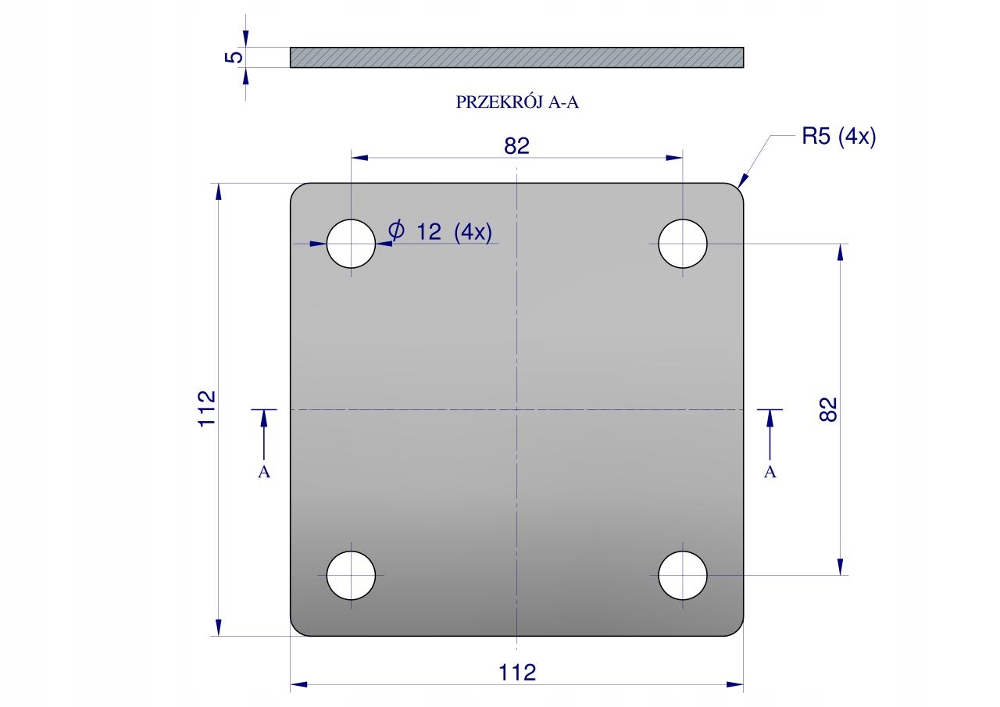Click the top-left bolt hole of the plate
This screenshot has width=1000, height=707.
tap(351, 244)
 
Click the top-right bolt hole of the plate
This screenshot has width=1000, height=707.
tap(683, 244)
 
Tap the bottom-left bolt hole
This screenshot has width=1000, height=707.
tap(351, 575)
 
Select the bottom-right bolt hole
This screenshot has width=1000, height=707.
tap(683, 575)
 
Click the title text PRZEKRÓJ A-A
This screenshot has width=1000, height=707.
tap(517, 102)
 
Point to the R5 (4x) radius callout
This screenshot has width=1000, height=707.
tap(839, 136)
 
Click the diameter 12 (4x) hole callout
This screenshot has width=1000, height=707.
tap(440, 231)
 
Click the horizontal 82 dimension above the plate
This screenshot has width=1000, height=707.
tap(517, 146)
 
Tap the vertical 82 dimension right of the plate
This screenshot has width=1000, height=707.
tap(829, 409)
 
